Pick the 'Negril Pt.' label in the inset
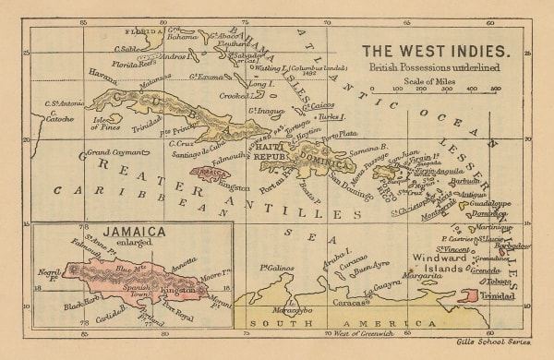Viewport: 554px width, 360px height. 47,274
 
